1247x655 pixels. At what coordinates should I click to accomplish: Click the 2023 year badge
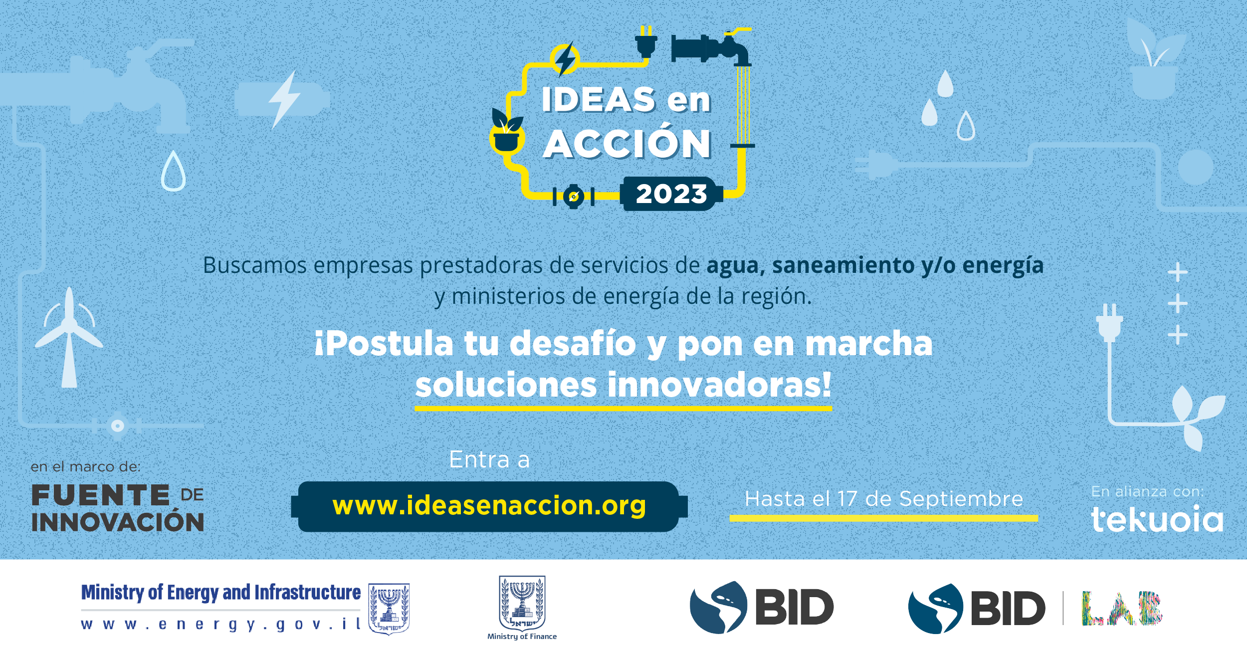[671, 194]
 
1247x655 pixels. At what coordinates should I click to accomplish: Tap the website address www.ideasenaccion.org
[489, 506]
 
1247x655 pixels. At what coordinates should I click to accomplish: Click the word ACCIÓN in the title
[627, 144]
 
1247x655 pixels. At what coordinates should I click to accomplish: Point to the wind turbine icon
[69, 337]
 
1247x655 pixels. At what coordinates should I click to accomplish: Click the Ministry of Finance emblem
[522, 603]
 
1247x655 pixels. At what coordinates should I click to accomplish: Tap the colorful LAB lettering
[1122, 608]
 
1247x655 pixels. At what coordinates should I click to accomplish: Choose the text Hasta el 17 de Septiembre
[884, 499]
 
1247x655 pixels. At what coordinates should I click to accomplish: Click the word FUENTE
[101, 495]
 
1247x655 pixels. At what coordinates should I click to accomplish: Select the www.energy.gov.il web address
[220, 624]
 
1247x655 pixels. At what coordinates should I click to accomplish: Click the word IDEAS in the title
[599, 99]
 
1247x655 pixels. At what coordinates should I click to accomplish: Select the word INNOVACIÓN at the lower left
[118, 522]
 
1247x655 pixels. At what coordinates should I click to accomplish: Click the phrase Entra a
[489, 459]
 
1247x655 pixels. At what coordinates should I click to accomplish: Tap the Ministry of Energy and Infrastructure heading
[221, 593]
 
